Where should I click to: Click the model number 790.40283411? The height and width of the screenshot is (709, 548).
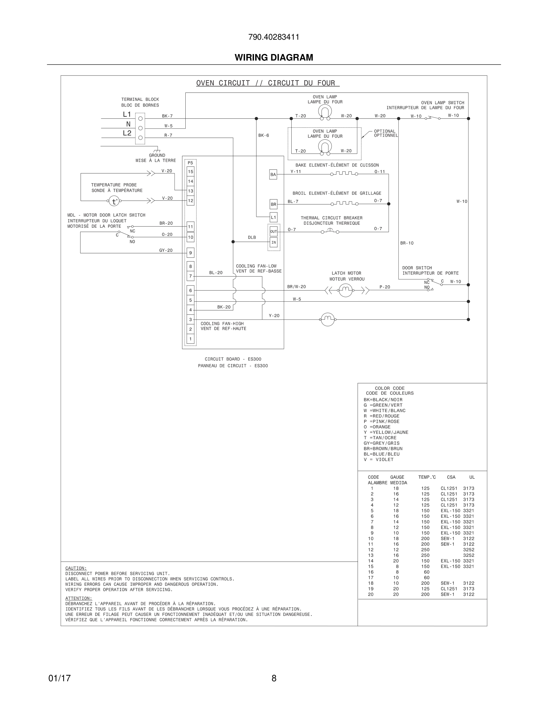274,37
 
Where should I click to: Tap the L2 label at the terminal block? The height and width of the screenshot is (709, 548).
127,133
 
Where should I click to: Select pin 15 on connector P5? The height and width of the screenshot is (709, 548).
190,172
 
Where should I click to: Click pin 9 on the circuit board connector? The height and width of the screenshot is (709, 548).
190,253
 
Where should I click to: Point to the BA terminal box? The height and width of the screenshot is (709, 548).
273,175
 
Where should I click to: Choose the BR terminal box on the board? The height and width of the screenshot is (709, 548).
273,204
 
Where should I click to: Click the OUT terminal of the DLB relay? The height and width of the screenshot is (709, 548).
273,232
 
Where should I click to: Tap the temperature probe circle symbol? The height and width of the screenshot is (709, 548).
114,201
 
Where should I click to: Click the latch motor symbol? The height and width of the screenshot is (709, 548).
345,290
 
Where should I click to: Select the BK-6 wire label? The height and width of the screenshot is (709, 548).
264,135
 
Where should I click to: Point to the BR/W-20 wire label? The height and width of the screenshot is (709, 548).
296,287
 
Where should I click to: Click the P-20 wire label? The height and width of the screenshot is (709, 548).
385,287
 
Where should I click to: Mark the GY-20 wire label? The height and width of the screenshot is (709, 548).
166,250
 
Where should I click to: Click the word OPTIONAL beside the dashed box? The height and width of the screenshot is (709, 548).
385,131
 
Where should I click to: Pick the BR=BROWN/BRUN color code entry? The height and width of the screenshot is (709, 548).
383,448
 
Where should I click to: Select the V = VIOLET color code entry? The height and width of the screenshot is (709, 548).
378,459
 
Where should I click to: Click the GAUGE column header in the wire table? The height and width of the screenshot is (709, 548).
397,477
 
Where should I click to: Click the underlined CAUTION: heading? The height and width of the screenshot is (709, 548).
76,568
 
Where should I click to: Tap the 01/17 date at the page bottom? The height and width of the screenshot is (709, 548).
59,679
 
